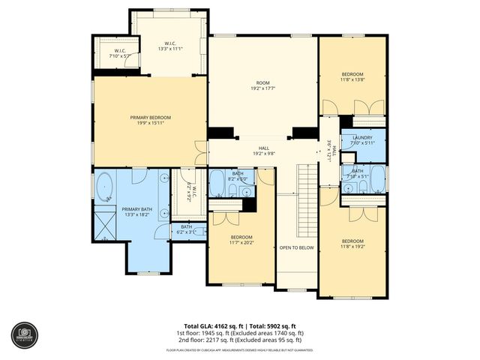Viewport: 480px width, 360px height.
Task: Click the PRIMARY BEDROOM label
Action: click(150, 118)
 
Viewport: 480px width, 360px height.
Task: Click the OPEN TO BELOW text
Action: click(296, 247)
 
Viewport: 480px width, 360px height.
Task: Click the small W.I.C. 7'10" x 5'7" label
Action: click(119, 52)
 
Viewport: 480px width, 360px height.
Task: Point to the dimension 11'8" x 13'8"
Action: click(352, 79)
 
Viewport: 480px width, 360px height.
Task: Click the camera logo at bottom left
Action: click(24, 335)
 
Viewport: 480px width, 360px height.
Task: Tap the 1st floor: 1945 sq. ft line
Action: click(239, 332)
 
